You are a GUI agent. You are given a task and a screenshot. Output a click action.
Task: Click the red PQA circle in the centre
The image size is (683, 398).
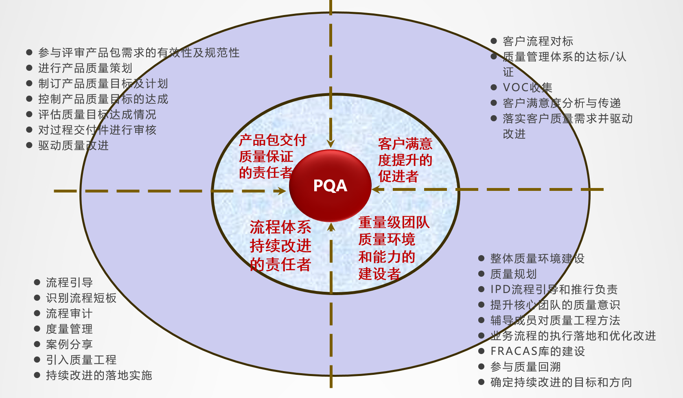click(330, 186)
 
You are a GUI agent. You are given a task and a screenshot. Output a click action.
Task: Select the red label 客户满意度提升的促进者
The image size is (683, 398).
click(405, 160)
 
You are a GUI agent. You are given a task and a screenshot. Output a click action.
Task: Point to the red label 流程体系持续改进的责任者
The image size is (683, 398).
click(280, 246)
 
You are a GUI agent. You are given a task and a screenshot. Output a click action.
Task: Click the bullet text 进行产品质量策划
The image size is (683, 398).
click(85, 68)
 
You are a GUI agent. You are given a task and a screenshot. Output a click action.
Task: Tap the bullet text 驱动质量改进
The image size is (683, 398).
click(73, 145)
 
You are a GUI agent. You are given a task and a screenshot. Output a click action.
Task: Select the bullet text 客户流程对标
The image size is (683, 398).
click(538, 41)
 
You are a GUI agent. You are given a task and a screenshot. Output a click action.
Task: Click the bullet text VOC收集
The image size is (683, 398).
click(528, 87)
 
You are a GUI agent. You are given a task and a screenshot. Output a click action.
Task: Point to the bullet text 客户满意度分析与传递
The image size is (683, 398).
click(562, 103)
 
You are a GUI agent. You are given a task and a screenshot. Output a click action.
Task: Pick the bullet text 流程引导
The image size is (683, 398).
click(69, 282)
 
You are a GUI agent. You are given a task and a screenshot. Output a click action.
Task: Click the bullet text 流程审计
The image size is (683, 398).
click(69, 313)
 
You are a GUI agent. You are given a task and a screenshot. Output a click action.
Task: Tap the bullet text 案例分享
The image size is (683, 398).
click(69, 344)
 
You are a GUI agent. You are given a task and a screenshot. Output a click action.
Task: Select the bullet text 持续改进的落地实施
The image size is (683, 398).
click(99, 375)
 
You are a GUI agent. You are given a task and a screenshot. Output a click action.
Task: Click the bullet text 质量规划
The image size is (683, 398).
click(514, 274)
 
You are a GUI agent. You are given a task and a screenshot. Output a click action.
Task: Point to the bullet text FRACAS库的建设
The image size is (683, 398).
click(538, 351)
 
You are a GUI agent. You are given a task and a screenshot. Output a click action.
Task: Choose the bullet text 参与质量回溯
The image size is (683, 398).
click(525, 367)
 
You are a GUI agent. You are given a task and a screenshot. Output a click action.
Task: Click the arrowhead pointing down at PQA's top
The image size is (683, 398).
click(331, 143)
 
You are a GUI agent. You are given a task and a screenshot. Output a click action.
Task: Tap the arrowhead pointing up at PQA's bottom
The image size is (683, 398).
click(331, 227)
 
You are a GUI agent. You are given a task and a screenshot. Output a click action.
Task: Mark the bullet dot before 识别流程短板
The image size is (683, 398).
click(37, 298)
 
